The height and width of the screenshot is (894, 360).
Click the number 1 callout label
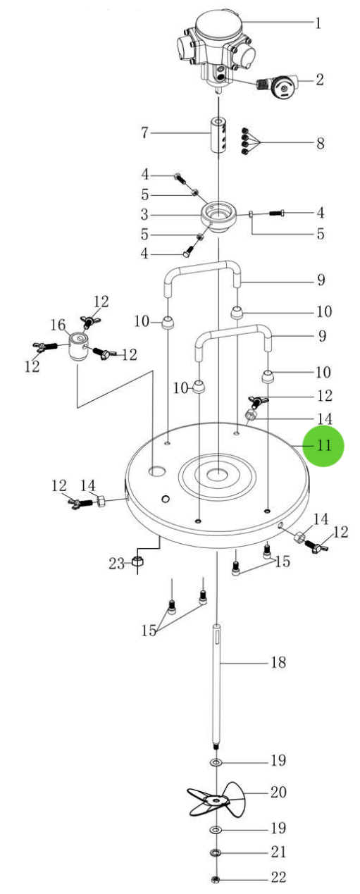[x=318, y=23]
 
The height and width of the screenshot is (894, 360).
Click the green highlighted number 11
[x=323, y=446]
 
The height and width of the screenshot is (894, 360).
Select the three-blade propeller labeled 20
[x=218, y=798]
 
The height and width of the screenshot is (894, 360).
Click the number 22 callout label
[x=279, y=878]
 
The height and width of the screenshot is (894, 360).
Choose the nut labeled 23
[x=139, y=563]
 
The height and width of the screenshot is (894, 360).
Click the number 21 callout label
[x=279, y=852]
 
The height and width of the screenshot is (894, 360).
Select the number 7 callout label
[x=144, y=132]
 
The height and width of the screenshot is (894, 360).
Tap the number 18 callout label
[x=279, y=662]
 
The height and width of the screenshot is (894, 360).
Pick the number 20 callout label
[x=279, y=793]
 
